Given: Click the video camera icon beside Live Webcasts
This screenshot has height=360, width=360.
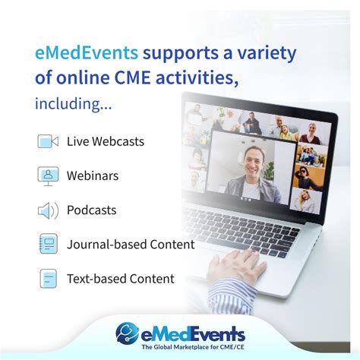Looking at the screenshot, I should click(x=49, y=141).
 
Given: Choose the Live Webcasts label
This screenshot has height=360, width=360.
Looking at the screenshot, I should click(x=106, y=141).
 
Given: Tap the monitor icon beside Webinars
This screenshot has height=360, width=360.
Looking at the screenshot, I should click(x=49, y=175).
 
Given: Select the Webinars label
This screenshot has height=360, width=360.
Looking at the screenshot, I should click(x=93, y=175).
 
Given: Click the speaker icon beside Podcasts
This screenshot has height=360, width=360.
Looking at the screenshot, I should click(x=49, y=210).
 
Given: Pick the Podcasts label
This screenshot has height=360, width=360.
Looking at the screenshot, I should click(x=91, y=210).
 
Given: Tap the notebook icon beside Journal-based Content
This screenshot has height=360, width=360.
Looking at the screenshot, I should click(x=49, y=245).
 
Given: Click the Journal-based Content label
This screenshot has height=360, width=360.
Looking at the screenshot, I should click(x=131, y=245).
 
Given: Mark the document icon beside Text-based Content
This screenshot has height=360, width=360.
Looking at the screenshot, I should click(x=49, y=279).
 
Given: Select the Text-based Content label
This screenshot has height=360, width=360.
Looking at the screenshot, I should click(x=121, y=279).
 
